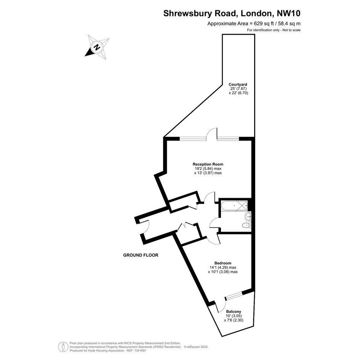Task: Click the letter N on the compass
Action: (97, 48)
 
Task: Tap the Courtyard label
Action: (238, 85)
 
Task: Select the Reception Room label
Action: (208, 164)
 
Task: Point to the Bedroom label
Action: (223, 263)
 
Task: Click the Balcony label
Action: (234, 312)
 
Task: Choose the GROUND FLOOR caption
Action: (141, 255)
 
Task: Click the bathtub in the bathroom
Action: (234, 205)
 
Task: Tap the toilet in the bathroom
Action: (247, 225)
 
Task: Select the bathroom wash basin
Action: (248, 216)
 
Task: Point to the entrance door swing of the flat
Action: (145, 227)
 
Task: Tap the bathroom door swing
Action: (215, 223)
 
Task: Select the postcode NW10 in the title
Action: (289, 13)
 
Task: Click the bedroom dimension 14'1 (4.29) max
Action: (223, 267)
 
